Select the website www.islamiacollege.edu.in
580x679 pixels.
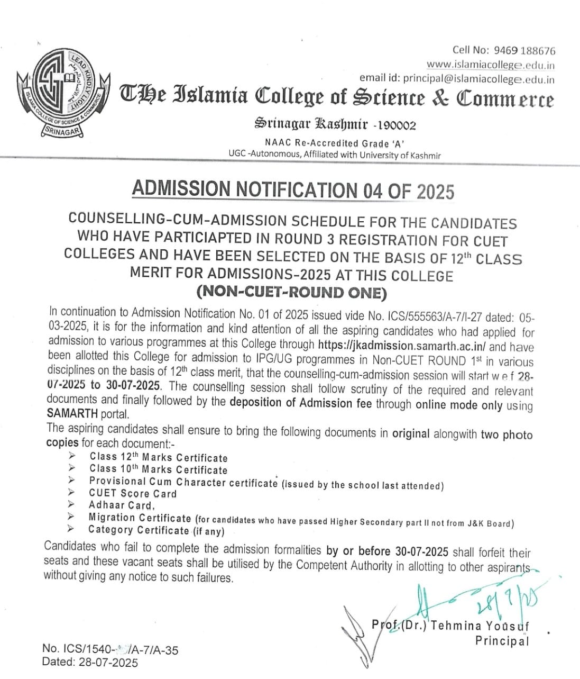pyautogui.click(x=490, y=65)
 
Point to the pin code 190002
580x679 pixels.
pyautogui.click(x=397, y=125)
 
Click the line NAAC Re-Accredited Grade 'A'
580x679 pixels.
pyautogui.click(x=335, y=143)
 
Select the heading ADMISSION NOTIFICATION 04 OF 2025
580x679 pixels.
pyautogui.click(x=292, y=190)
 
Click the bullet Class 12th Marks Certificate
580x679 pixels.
pyautogui.click(x=158, y=458)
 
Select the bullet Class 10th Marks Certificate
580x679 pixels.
pyautogui.click(x=158, y=469)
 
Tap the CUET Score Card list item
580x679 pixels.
pyautogui.click(x=133, y=493)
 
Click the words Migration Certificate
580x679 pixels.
pyautogui.click(x=140, y=518)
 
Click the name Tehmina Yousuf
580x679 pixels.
pyautogui.click(x=480, y=626)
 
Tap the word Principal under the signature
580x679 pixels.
pyautogui.click(x=502, y=641)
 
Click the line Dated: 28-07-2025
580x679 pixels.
pyautogui.click(x=90, y=663)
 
